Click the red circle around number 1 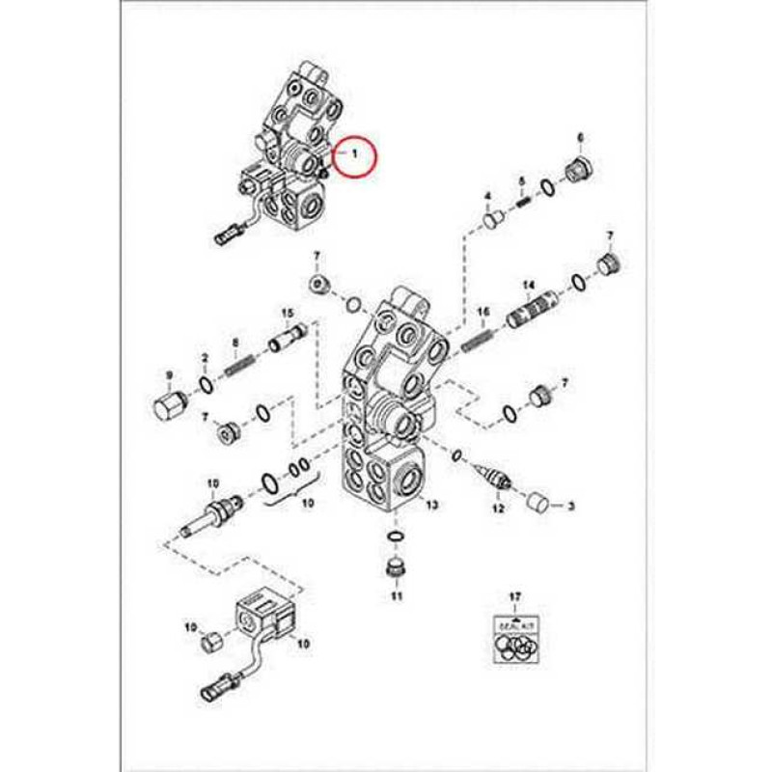(x=354, y=153)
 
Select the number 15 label (x=287, y=314)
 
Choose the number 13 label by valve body (x=431, y=506)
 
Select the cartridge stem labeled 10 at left (x=210, y=511)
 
